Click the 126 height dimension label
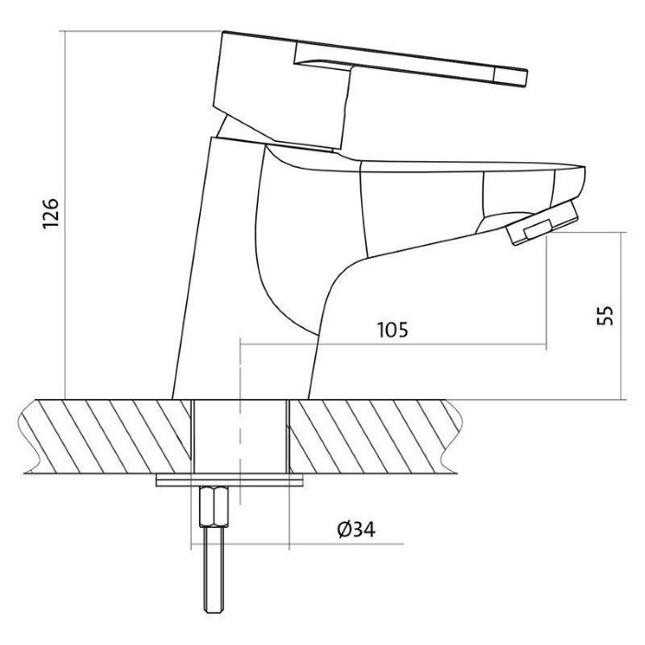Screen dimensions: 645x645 click(x=51, y=214)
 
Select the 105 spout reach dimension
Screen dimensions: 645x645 click(x=393, y=330)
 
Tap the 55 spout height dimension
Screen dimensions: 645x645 click(x=604, y=315)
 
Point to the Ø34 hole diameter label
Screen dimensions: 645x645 click(x=357, y=530)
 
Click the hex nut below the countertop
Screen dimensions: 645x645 click(x=214, y=507)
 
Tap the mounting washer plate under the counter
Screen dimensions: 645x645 click(x=229, y=480)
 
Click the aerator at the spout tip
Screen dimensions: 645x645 click(x=542, y=222)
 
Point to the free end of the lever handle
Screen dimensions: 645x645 click(x=526, y=78)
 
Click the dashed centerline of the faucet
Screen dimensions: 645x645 click(x=240, y=422)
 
